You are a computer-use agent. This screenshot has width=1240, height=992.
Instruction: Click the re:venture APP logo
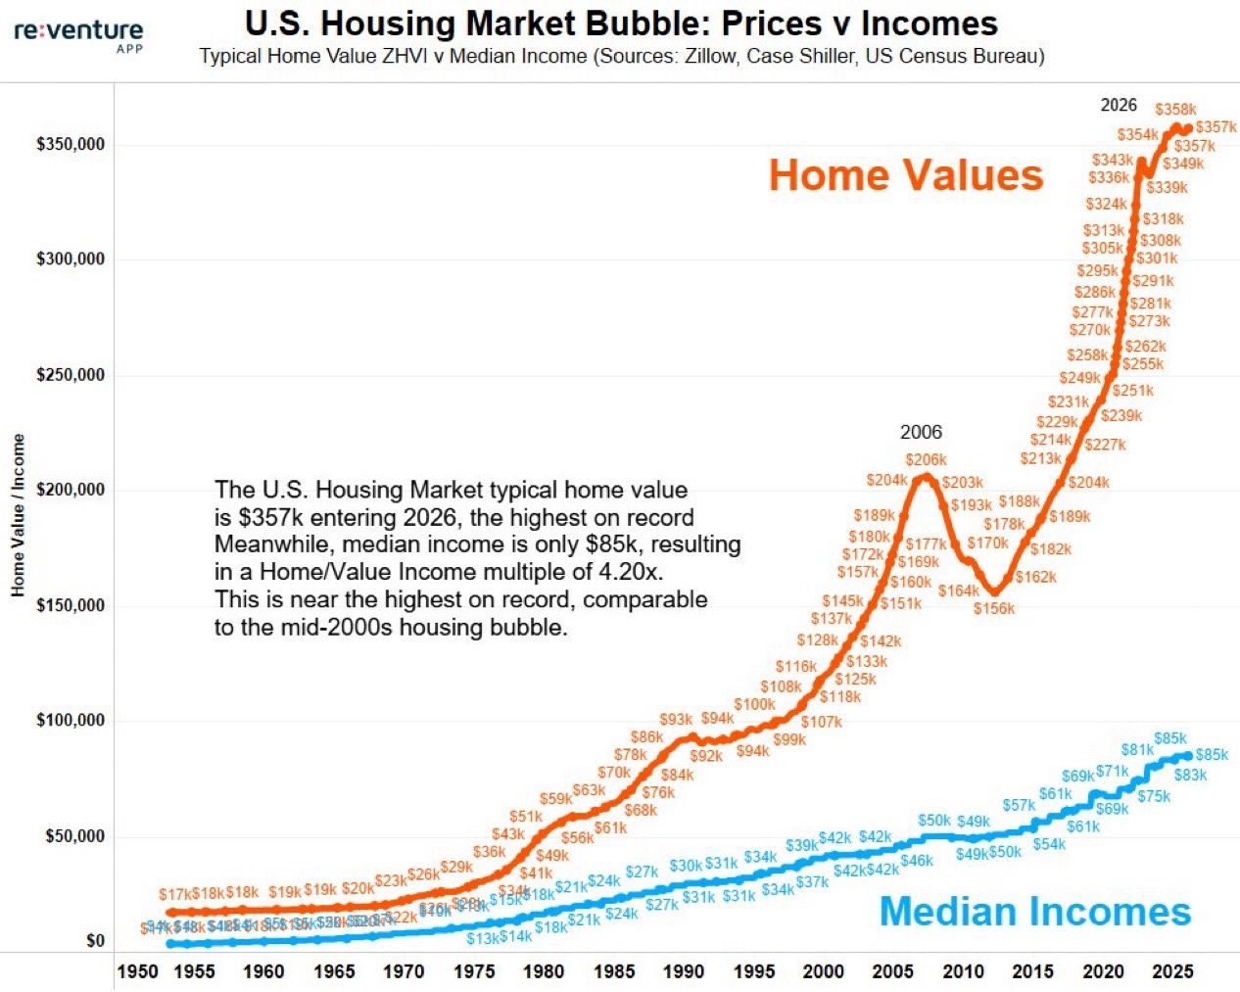pyautogui.click(x=78, y=34)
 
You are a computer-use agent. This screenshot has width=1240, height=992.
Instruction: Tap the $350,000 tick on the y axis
pyautogui.click(x=71, y=144)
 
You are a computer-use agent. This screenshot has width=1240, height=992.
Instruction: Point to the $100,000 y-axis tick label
pyautogui.click(x=71, y=721)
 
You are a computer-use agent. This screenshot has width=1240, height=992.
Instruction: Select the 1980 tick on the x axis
pyautogui.click(x=544, y=971)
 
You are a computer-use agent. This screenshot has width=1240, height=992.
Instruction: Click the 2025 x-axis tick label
pyautogui.click(x=1172, y=971)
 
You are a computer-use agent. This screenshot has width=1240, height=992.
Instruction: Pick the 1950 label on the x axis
pyautogui.click(x=137, y=971)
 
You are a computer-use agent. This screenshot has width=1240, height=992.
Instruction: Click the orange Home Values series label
pyautogui.click(x=906, y=175)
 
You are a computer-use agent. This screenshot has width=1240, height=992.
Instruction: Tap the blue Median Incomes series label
pyautogui.click(x=1034, y=912)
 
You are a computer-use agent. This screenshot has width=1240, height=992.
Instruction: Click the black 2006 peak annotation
pyautogui.click(x=921, y=432)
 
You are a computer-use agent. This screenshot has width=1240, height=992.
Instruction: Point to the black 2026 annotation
pyautogui.click(x=1119, y=105)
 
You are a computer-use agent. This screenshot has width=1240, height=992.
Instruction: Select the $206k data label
pyautogui.click(x=926, y=459)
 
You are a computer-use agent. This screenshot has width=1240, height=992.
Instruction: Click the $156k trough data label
pyautogui.click(x=994, y=608)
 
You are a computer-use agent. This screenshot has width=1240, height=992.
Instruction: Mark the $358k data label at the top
pyautogui.click(x=1175, y=110)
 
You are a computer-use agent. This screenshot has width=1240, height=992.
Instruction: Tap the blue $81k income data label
pyautogui.click(x=1137, y=749)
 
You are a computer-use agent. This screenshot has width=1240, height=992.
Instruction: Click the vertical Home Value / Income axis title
pyautogui.click(x=18, y=515)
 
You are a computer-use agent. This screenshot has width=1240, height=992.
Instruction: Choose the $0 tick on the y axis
pyautogui.click(x=95, y=941)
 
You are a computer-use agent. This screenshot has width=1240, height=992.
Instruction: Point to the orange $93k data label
pyautogui.click(x=676, y=720)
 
